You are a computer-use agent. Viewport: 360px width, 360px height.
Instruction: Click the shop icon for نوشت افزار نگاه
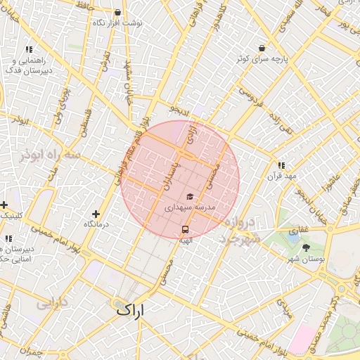[x=117, y=13]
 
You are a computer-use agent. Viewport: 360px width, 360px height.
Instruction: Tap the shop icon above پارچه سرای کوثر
[x=262, y=48]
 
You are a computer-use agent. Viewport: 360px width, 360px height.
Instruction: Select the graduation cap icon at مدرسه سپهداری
[x=189, y=197]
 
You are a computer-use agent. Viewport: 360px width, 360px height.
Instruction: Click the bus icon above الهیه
[x=185, y=229]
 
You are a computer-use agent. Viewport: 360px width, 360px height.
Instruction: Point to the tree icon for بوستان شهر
[x=306, y=247]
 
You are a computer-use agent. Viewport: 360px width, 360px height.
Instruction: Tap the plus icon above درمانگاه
[x=96, y=213]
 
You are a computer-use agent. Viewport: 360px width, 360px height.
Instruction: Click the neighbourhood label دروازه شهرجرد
[x=239, y=231]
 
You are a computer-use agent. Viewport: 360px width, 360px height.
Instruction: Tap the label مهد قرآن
[x=282, y=176]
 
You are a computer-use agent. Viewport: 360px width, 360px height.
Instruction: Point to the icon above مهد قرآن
[x=282, y=165]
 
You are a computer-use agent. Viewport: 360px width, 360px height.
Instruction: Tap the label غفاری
[x=299, y=230]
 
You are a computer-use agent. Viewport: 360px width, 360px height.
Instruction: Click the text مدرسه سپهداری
[x=189, y=208]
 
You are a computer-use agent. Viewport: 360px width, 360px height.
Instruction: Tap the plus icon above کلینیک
[x=4, y=205]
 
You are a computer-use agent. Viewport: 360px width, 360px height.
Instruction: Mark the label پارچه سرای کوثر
[x=262, y=59]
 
